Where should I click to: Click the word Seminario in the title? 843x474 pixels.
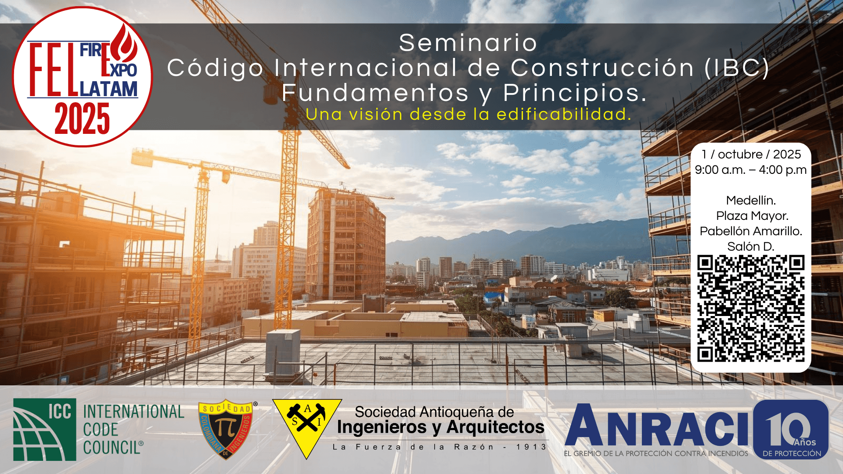click(x=468, y=43)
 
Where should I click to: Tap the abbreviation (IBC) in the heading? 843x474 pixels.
click(x=737, y=68)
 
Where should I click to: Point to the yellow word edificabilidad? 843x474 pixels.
click(x=564, y=114)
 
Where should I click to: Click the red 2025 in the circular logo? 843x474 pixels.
click(x=82, y=119)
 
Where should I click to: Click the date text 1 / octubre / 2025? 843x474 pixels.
click(x=751, y=154)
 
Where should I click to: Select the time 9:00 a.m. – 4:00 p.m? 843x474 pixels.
click(x=751, y=170)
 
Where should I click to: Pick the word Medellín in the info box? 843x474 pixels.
click(x=751, y=201)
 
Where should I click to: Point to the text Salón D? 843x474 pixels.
click(x=751, y=247)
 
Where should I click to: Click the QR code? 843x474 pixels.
click(x=751, y=309)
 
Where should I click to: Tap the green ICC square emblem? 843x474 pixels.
click(x=45, y=429)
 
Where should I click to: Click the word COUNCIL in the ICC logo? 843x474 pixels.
click(x=113, y=448)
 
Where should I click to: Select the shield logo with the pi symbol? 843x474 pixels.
click(x=226, y=429)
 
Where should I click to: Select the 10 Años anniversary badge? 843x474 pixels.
click(x=791, y=429)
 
